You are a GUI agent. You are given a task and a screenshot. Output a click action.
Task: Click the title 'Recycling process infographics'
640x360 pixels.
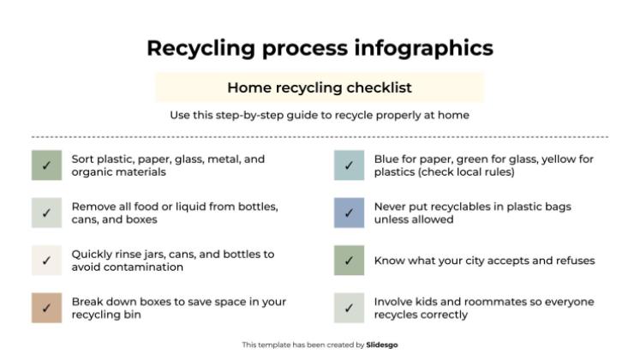point(320,48)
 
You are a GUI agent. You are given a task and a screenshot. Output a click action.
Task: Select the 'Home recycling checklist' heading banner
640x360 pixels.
point(320,87)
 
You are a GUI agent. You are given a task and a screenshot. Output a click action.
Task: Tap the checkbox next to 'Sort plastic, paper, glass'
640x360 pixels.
point(46,165)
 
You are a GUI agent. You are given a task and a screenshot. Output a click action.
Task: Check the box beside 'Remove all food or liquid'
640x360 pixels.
point(46,213)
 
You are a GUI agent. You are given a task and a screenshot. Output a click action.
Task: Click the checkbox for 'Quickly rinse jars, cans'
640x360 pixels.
point(46,261)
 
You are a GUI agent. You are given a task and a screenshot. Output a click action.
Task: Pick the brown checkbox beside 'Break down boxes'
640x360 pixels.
point(46,308)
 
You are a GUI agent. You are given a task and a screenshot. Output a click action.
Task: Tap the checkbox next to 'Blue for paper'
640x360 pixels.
point(349,165)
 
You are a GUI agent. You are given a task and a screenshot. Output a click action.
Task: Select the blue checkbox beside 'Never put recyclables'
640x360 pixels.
point(349,213)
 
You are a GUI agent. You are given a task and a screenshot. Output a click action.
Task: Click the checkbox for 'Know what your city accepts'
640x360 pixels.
point(349,261)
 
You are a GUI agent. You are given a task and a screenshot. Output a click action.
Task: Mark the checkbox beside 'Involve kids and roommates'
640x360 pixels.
point(349,308)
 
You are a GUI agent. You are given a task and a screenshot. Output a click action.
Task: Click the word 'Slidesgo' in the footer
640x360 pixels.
point(381,345)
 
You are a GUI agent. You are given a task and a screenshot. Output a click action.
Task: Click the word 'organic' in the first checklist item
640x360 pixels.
point(92,171)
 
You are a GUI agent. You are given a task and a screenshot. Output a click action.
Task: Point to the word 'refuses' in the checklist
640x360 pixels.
point(575,261)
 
